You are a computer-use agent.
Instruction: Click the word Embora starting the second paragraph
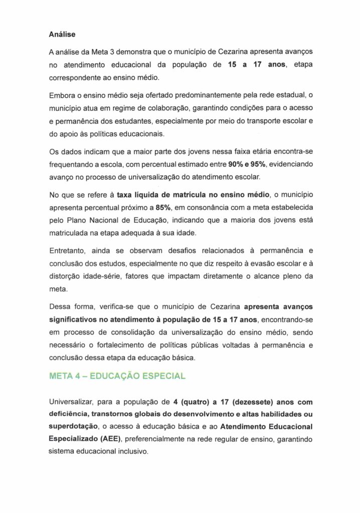click(63, 96)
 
